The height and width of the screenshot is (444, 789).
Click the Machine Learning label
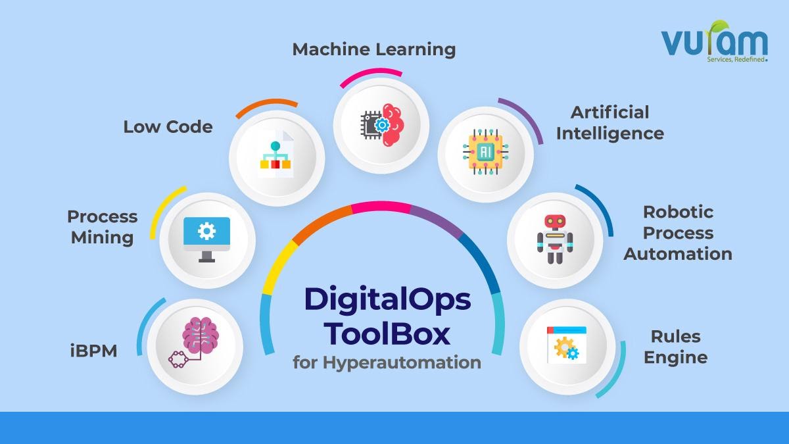pos(373,49)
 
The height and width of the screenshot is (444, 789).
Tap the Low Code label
pos(168,126)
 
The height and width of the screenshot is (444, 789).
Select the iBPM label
pos(93,351)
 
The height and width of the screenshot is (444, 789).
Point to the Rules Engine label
pos(675,347)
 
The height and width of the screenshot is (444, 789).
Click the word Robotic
pos(678,212)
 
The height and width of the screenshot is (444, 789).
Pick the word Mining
pos(103,237)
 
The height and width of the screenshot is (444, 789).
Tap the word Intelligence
pos(610,133)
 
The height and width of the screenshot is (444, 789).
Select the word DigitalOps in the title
pos(387,299)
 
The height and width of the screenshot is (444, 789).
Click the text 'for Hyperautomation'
pos(387,362)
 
